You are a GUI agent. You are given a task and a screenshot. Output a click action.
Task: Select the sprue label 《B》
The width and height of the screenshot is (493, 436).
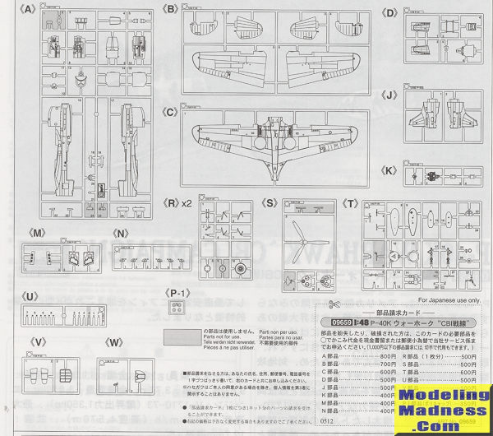(171, 9)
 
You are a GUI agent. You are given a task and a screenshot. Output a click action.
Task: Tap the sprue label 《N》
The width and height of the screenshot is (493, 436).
(121, 233)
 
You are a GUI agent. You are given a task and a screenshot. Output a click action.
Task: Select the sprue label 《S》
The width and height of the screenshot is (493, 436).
(268, 201)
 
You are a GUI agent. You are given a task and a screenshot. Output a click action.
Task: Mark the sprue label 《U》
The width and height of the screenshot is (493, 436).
(30, 295)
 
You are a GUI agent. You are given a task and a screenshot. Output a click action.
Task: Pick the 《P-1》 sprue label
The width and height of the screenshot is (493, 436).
(178, 292)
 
